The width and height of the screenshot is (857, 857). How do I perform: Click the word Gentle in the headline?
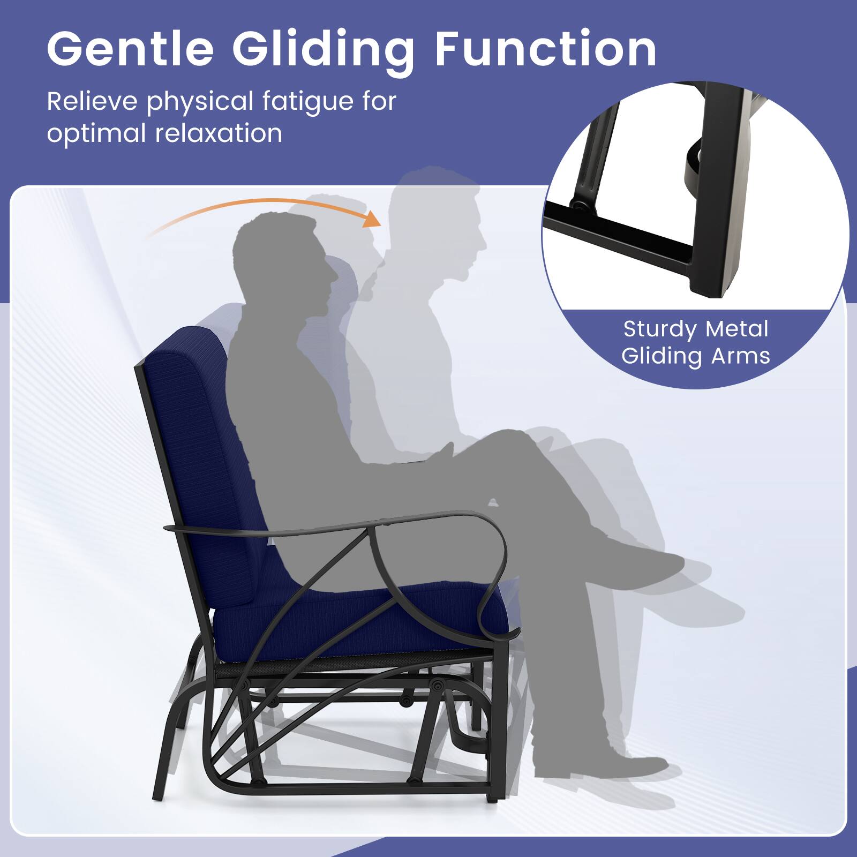(x=130, y=50)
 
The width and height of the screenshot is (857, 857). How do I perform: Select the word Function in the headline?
(x=545, y=50)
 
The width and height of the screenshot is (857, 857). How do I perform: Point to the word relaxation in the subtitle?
(x=218, y=133)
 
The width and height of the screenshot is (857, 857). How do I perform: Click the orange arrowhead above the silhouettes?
(x=371, y=218)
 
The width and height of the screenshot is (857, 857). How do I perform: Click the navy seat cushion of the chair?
(x=364, y=616)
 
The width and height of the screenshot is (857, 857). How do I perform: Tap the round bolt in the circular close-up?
(x=578, y=205)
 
